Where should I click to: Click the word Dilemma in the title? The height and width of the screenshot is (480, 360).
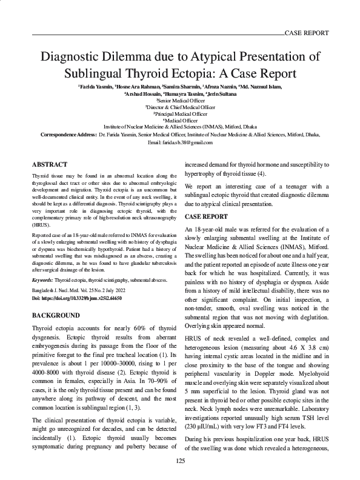pos(151,58)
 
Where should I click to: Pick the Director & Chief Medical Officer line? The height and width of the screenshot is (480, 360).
pos(180,108)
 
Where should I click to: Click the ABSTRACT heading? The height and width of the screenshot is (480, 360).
pos(49,164)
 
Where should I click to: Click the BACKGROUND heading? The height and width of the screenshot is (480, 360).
pos(55,315)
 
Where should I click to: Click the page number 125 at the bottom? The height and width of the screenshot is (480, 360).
pos(180,461)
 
